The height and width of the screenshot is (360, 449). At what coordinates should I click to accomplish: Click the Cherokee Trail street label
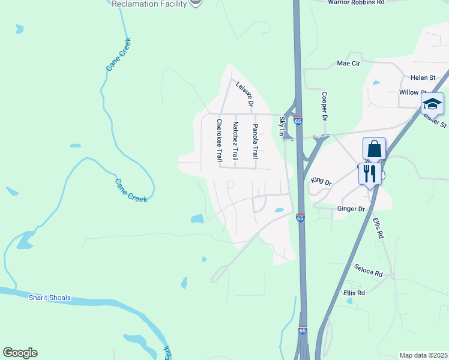pos(219,140)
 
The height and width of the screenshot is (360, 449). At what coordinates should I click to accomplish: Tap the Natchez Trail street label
pos(236,141)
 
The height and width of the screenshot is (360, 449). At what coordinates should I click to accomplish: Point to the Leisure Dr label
pos(245,94)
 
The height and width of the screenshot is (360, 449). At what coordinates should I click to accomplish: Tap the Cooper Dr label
pos(324,106)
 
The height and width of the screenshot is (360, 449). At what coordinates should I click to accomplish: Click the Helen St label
pos(423,78)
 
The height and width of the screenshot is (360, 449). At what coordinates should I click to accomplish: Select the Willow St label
pos(412,92)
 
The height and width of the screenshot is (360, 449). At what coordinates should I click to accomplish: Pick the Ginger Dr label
pos(351,209)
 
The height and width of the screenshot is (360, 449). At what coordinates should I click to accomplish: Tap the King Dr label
pos(321,180)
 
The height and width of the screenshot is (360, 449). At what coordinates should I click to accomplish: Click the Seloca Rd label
pos(368,270)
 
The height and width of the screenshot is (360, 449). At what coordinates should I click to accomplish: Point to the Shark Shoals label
pos(50,298)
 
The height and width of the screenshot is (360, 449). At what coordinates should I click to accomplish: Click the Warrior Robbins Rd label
pos(356,2)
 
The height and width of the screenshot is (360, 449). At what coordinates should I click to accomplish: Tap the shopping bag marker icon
pos(374,149)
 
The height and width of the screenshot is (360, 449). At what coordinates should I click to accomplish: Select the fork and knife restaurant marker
pos(369,174)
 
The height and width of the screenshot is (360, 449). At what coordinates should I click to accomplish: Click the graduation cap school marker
pos(432,104)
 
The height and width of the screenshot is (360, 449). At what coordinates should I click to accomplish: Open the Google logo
pos(20,353)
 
